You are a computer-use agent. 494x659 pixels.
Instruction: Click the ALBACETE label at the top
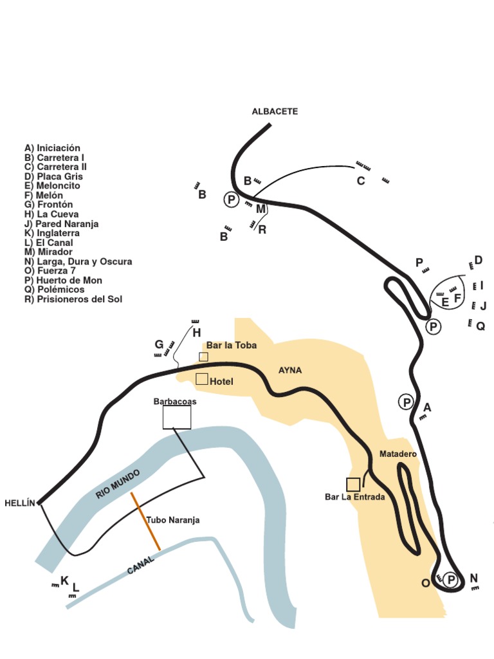click(x=275, y=111)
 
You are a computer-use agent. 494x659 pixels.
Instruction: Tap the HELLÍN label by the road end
click(x=19, y=503)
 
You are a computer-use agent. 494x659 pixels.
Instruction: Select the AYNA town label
click(x=289, y=371)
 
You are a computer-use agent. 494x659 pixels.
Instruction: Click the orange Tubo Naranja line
click(x=145, y=521)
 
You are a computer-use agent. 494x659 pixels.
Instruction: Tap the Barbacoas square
click(x=177, y=417)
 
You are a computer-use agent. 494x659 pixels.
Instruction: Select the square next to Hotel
click(x=202, y=379)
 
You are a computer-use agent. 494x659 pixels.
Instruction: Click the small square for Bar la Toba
click(x=203, y=357)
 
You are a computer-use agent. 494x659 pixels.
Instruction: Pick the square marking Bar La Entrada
click(x=353, y=485)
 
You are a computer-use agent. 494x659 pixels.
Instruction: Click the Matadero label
click(x=398, y=454)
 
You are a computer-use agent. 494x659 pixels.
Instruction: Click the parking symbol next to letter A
click(x=406, y=402)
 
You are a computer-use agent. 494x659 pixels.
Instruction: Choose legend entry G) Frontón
click(x=49, y=205)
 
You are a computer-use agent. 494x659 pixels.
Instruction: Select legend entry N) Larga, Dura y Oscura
click(x=78, y=261)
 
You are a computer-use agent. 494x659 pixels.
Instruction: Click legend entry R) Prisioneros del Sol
click(x=73, y=299)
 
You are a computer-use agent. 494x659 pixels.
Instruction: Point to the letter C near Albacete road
click(x=361, y=181)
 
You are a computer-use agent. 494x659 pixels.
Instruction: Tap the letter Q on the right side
click(x=480, y=326)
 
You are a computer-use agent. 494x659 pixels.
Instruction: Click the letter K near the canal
click(x=64, y=580)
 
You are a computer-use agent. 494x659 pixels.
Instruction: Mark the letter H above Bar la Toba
click(x=197, y=333)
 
